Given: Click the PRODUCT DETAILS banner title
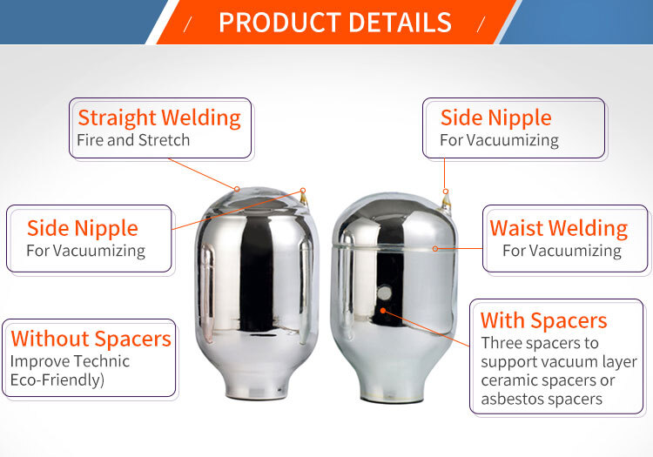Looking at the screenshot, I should (x=335, y=22).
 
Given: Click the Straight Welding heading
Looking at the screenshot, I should (x=159, y=118).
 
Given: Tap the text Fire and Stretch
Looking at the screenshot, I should (x=133, y=139).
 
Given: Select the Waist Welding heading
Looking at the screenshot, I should (x=558, y=228).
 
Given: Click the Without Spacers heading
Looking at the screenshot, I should (x=91, y=338).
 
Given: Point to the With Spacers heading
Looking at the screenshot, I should (x=543, y=320).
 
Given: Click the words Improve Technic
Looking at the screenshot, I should (x=70, y=361).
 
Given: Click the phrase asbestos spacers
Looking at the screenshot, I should (x=542, y=400).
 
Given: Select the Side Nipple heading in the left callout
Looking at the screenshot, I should (x=83, y=228).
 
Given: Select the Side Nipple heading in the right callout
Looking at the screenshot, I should (x=495, y=118).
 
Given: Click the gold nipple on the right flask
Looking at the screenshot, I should (x=446, y=202).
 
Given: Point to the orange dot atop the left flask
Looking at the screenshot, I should (x=236, y=187).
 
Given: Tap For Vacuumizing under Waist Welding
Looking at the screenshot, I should (x=562, y=251).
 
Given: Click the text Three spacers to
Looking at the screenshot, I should (x=539, y=342).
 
